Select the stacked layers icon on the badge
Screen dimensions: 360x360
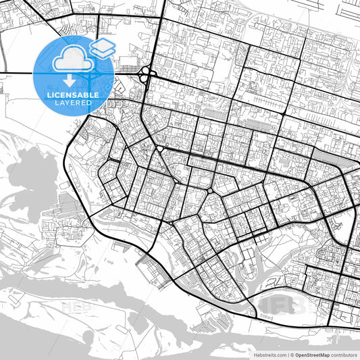pyautogui.click(x=103, y=48)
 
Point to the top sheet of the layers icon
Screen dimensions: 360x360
pyautogui.click(x=103, y=44)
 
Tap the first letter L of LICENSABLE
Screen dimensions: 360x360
pyautogui.click(x=48, y=95)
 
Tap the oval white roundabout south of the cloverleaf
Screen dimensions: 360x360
pyautogui.click(x=159, y=148)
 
